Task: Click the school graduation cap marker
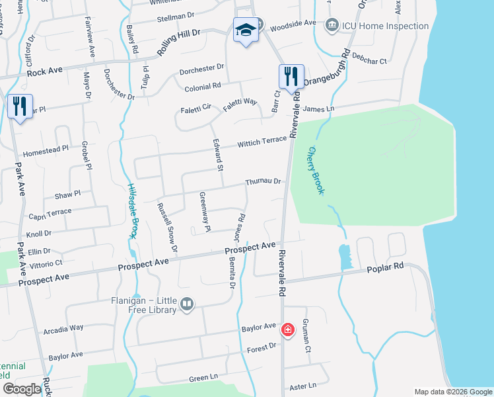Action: [x=245, y=30]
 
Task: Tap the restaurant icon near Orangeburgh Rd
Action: [x=291, y=76]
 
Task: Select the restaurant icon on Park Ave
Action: [x=19, y=106]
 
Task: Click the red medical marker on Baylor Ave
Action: [x=287, y=329]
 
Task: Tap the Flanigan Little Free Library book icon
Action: [x=187, y=304]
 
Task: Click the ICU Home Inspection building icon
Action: [x=332, y=26]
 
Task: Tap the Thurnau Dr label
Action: [x=264, y=181]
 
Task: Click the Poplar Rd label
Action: [x=385, y=266]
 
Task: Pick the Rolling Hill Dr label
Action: [x=178, y=43]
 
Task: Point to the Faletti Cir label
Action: [x=195, y=110]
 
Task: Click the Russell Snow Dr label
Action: [x=167, y=227]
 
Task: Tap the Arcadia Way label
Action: [x=63, y=328]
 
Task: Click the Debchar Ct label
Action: [x=369, y=58]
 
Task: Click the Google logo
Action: [x=22, y=388]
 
